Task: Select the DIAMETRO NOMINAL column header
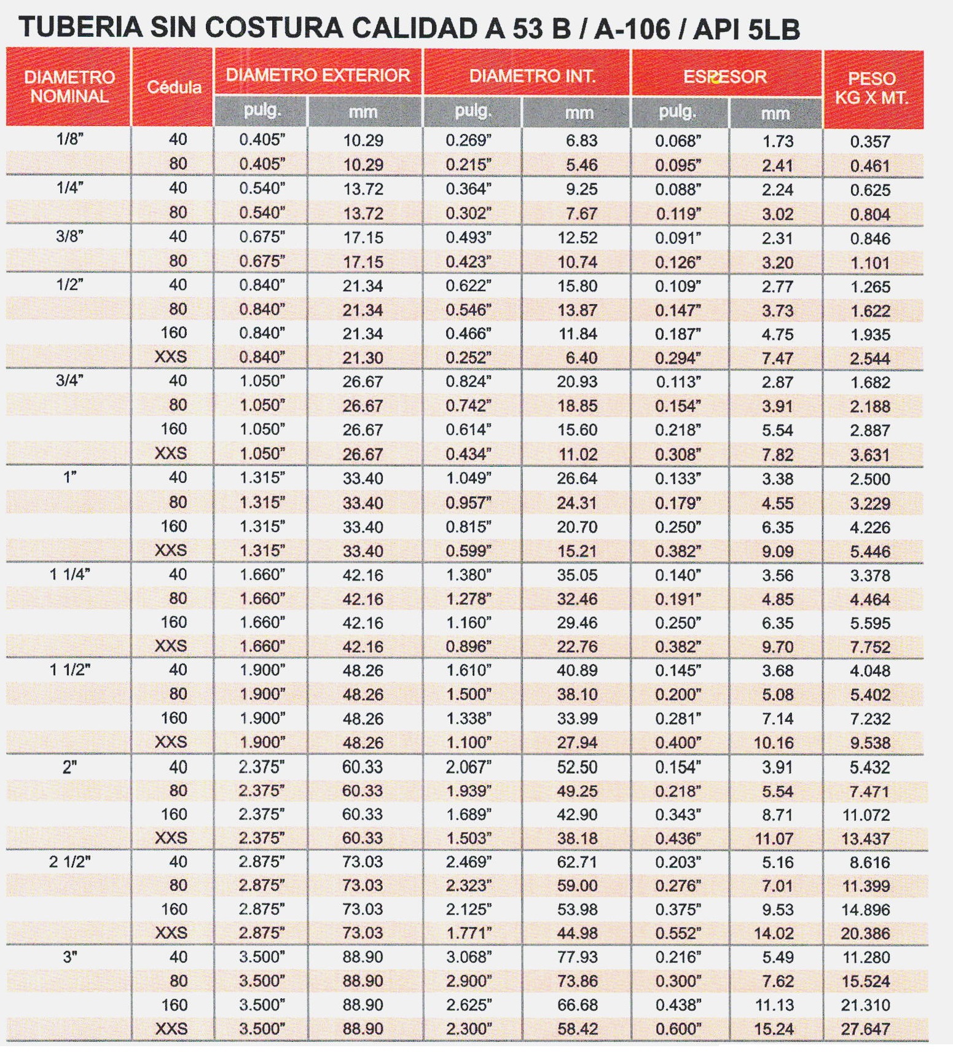[69, 87]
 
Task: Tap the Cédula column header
[174, 87]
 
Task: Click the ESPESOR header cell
[725, 77]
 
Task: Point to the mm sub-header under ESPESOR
[775, 114]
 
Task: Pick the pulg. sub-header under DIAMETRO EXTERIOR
[262, 111]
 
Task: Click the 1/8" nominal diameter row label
[69, 139]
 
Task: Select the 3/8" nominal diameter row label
[69, 236]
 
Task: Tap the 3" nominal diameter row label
[70, 956]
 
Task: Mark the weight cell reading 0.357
[870, 141]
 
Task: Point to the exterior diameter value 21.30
[363, 358]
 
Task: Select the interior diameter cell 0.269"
[468, 140]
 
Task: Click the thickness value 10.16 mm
[774, 743]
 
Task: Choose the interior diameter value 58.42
[577, 1028]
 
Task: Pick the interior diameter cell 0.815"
[468, 526]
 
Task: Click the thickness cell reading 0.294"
[678, 358]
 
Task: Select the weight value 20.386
[865, 934]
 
